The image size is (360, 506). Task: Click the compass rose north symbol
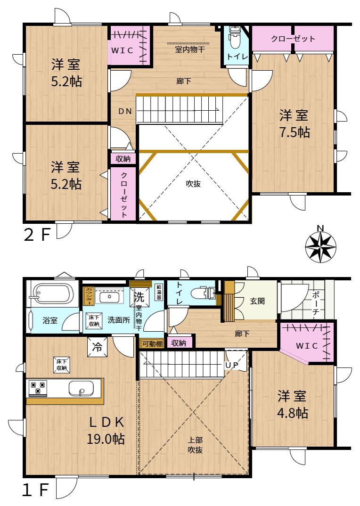point(320,247)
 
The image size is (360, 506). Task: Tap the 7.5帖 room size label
point(295,132)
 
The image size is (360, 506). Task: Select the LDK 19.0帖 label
point(106,431)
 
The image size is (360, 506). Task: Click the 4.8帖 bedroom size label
point(293,413)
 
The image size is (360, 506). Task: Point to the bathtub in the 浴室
point(52,294)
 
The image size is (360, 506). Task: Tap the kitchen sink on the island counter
point(81,389)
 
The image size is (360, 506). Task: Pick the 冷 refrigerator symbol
point(97,347)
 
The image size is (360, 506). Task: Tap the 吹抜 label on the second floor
point(193,184)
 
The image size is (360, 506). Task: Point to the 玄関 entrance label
point(257,301)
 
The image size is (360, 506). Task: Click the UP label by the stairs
point(232,365)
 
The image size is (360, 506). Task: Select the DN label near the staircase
point(125,111)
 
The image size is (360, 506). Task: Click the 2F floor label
point(37,235)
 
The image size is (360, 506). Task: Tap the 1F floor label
point(35,490)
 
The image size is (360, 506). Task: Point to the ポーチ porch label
point(315,303)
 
